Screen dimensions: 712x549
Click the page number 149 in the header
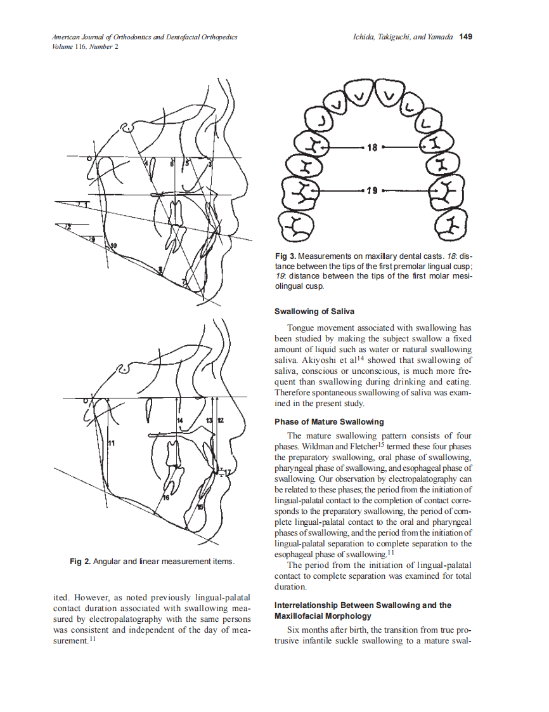coord(465,37)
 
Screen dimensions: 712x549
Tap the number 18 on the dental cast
coord(372,147)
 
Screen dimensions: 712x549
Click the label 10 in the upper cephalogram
coord(113,245)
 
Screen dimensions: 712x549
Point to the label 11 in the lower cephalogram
coord(111,442)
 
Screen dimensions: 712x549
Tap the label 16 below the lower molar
coord(166,499)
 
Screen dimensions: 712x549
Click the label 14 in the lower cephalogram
coord(179,421)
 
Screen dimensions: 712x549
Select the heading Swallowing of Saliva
coord(314,312)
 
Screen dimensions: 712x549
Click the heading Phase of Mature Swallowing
coord(329,422)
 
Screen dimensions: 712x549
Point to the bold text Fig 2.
coord(80,562)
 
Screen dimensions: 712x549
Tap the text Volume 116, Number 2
coord(85,46)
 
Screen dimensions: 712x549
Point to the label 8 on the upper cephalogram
coord(160,270)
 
